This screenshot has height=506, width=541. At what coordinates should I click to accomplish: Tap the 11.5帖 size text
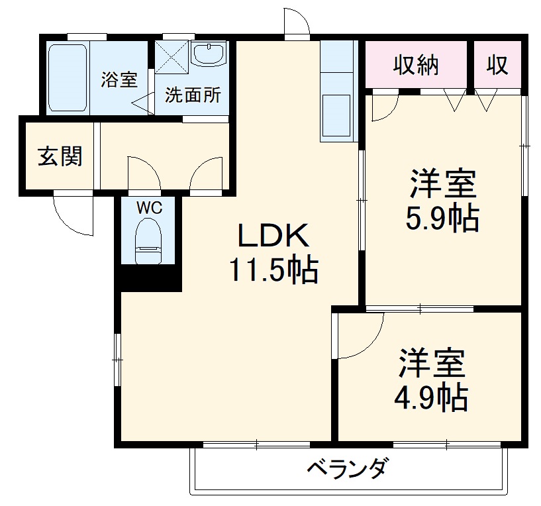[273, 270]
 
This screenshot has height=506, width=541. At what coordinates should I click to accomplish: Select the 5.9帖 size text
[442, 218]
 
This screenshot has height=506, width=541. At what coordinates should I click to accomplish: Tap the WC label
[149, 208]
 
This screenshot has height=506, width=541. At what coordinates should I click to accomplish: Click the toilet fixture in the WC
[148, 242]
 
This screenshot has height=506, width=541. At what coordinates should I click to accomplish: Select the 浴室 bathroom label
[119, 80]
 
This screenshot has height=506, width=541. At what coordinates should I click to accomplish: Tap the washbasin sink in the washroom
[209, 54]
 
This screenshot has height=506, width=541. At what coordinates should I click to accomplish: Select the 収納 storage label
[417, 64]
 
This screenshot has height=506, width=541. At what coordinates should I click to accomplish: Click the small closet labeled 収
[497, 64]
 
